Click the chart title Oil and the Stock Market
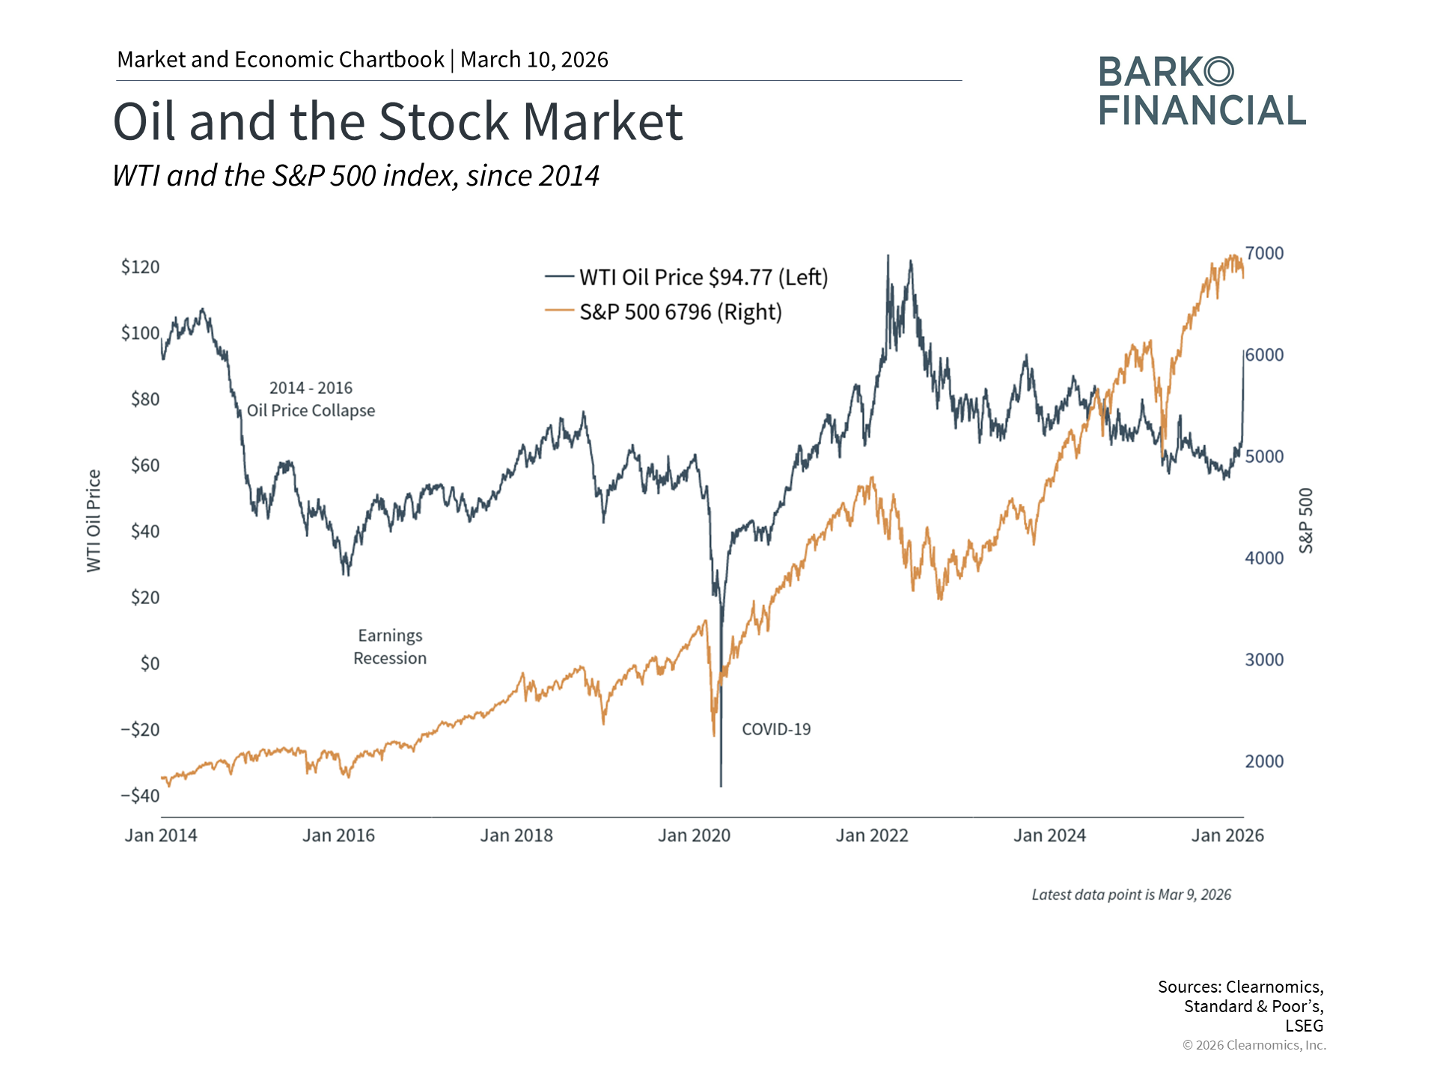click(x=397, y=121)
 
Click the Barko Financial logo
click(x=1202, y=91)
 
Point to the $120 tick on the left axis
click(x=140, y=267)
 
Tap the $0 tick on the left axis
click(x=150, y=663)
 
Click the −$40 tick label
click(x=140, y=796)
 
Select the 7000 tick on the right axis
click(x=1264, y=254)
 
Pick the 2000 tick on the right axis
click(x=1264, y=761)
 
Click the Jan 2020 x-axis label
click(x=694, y=835)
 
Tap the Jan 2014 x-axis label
click(x=161, y=835)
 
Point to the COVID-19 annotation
click(x=776, y=729)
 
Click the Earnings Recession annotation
click(x=390, y=647)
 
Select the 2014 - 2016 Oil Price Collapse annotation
click(x=311, y=399)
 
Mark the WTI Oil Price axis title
click(x=94, y=521)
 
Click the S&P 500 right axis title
click(x=1306, y=521)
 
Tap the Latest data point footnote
click(x=1131, y=895)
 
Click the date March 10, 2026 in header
click(x=534, y=60)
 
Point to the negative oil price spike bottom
click(x=721, y=785)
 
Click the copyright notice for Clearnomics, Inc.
click(x=1254, y=1045)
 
